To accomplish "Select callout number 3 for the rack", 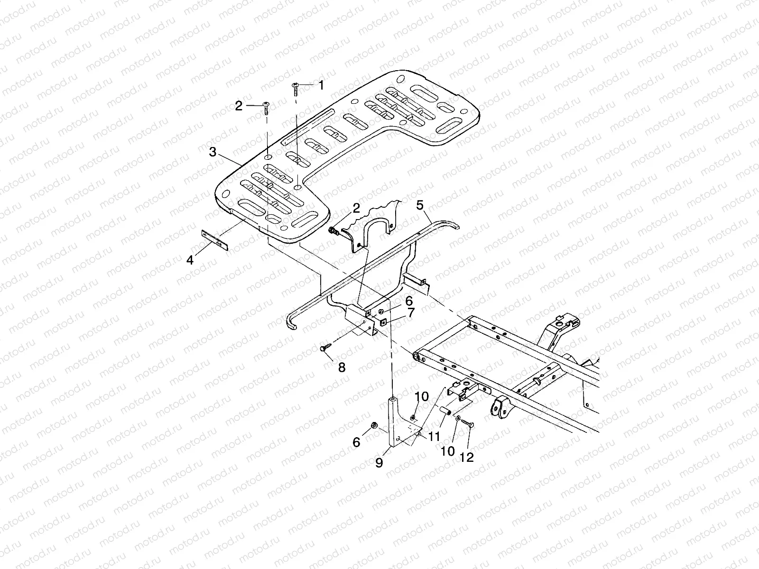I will (x=213, y=152).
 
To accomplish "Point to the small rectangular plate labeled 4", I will (x=214, y=240).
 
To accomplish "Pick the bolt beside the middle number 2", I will (x=333, y=231).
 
